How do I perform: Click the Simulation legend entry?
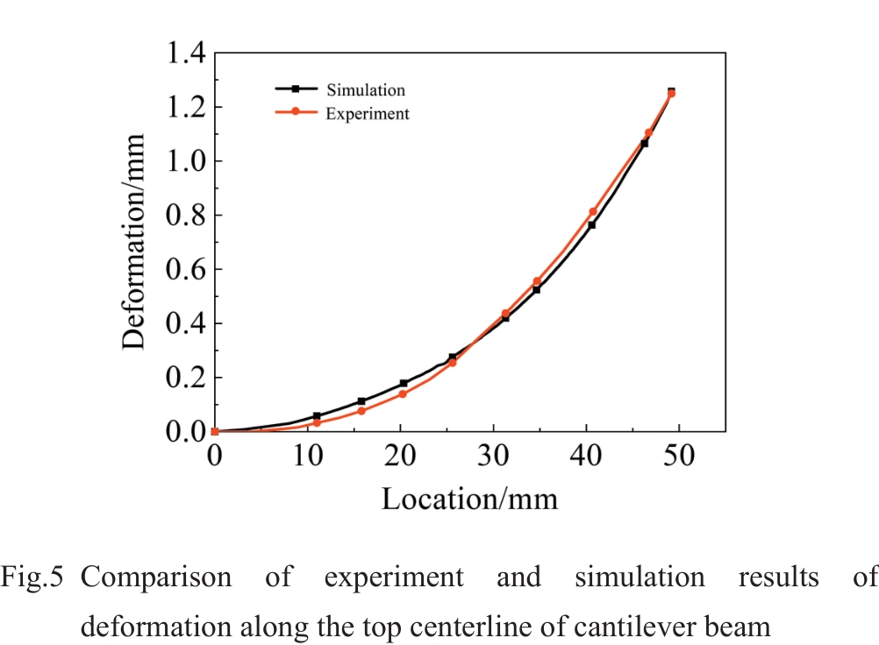pyautogui.click(x=365, y=90)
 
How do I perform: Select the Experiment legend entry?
pyautogui.click(x=367, y=113)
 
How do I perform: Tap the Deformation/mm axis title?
pyautogui.click(x=133, y=242)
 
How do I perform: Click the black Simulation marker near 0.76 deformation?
pyautogui.click(x=591, y=225)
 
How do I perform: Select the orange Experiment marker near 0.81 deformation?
pyautogui.click(x=593, y=211)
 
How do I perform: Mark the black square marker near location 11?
pyautogui.click(x=317, y=416)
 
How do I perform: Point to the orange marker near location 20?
pyautogui.click(x=403, y=393)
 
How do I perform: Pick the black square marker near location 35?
pyautogui.click(x=536, y=289)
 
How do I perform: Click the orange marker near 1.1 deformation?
pyautogui.click(x=648, y=133)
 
